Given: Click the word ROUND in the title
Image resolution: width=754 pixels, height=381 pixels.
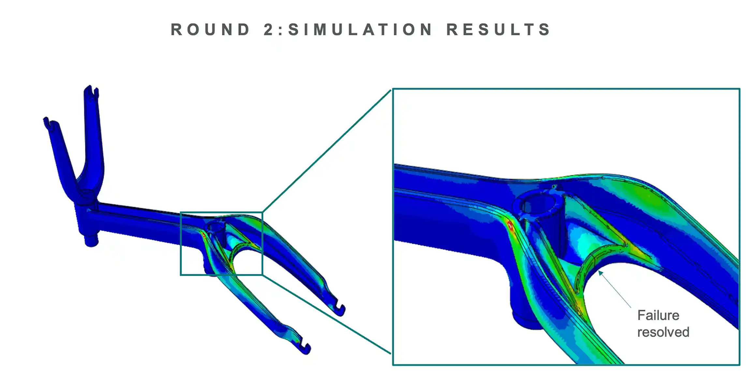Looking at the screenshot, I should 210,30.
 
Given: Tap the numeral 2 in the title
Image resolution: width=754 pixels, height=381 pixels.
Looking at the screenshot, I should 269,30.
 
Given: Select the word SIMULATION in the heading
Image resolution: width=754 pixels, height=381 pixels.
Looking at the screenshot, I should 360,30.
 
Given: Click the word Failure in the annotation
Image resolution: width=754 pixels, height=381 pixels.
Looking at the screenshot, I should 658,315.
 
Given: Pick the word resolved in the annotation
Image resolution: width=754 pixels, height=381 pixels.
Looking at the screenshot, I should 663,332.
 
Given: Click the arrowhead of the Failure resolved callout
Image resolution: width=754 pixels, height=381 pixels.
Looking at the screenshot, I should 600,272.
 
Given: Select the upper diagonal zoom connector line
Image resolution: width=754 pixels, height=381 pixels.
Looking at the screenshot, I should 326,152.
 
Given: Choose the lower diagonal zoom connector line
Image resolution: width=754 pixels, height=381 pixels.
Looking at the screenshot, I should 326,314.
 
